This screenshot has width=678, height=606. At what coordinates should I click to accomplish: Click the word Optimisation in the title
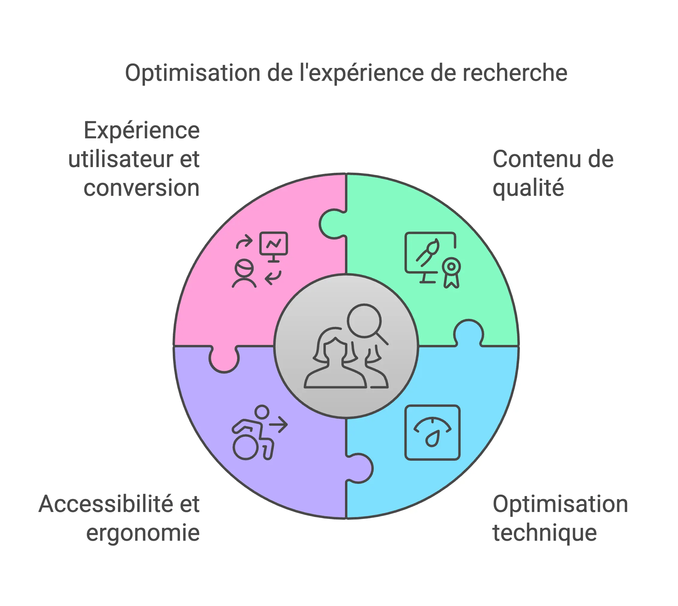pos(193,73)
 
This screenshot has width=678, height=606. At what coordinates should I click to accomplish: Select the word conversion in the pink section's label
pos(142,188)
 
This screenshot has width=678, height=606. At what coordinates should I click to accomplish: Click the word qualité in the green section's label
pos(528,188)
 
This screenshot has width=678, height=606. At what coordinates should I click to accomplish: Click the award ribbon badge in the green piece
pos(451,272)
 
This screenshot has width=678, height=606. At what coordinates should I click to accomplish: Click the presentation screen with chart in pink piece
pos(273,244)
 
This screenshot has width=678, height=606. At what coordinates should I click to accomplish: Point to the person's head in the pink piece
pos(244,268)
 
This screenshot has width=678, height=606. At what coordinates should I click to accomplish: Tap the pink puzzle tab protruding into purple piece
pos(224,360)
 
